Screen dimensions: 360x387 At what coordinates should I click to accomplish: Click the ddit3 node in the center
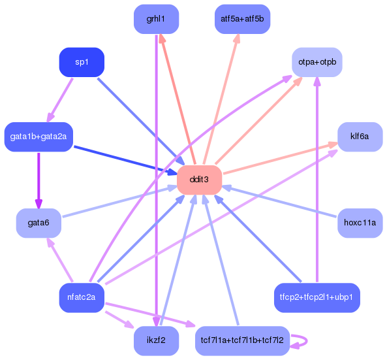(x=199, y=180)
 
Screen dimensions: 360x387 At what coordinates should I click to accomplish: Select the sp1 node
(x=82, y=62)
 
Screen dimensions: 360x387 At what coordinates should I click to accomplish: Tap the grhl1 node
(x=156, y=19)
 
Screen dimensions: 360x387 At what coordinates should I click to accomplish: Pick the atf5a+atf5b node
(x=242, y=19)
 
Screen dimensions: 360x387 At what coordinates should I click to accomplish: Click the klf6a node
(x=360, y=137)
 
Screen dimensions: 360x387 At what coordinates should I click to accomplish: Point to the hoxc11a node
(x=360, y=223)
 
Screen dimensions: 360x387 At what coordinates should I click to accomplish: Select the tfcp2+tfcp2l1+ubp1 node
(x=317, y=297)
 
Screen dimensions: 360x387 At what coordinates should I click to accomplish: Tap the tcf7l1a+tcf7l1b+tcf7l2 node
(x=242, y=340)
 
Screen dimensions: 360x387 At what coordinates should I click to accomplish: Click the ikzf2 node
(x=156, y=340)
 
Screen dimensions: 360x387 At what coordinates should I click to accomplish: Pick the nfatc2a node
(x=82, y=297)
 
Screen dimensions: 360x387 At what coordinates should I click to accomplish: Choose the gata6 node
(x=39, y=223)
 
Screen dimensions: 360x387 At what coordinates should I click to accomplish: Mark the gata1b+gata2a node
(x=39, y=137)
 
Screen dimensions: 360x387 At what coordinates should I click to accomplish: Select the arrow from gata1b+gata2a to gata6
(x=39, y=180)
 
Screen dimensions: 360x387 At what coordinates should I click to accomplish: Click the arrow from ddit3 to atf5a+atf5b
(x=222, y=98)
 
